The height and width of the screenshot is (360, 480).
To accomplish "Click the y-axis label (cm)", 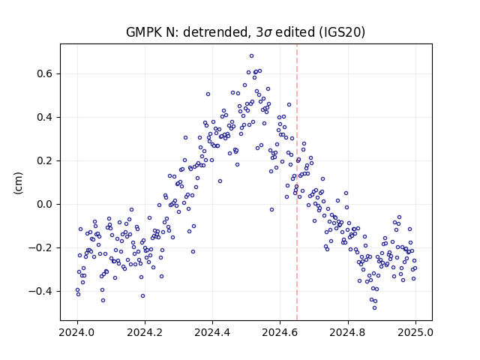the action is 18,183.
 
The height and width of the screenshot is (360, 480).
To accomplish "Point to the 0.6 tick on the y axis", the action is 45,73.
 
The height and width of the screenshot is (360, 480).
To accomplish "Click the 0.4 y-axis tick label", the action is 45,117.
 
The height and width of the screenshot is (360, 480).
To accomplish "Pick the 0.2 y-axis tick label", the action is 45,160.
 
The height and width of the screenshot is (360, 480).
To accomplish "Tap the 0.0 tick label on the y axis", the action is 45,204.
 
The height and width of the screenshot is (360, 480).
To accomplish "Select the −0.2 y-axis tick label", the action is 41,247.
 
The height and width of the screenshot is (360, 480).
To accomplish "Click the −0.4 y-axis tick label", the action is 41,291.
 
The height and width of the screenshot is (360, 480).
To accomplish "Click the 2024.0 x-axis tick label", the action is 77,332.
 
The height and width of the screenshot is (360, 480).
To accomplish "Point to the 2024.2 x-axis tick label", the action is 145,332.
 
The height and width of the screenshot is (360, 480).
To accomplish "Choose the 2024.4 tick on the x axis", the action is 212,332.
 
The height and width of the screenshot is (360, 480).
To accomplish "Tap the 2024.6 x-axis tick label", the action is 280,332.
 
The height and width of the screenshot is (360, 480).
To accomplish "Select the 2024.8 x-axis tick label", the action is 348,332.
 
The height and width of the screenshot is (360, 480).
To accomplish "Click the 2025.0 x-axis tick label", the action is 415,332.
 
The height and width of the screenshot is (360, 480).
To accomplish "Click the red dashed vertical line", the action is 297,182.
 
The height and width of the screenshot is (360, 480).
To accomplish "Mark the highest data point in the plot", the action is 252,56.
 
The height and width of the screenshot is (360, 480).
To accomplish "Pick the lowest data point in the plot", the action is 374,307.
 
